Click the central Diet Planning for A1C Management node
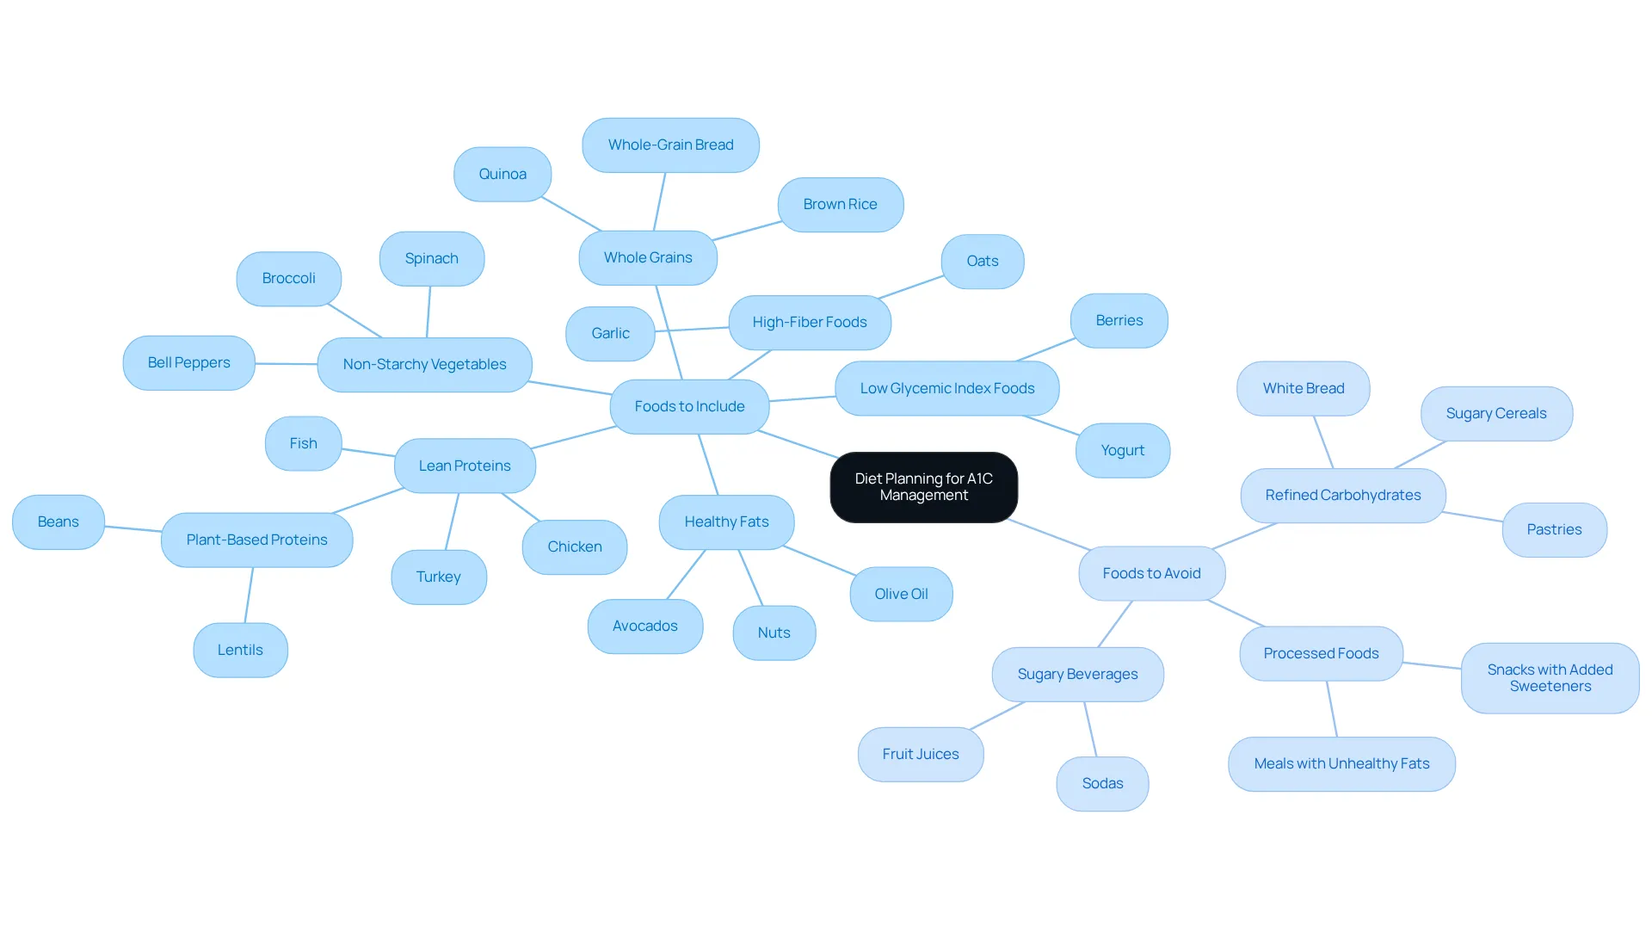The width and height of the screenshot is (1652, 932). [923, 487]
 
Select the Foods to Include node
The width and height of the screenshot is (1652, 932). [689, 406]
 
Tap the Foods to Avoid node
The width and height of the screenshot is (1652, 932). [1151, 573]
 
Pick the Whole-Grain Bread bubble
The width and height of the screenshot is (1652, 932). [670, 145]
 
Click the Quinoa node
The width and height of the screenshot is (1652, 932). [502, 174]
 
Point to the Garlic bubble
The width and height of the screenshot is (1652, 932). [610, 333]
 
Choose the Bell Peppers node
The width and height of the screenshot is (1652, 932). [188, 362]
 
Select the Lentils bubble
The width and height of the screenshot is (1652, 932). [240, 650]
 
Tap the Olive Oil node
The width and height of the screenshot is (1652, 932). [901, 594]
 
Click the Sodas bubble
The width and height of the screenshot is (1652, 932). [1102, 783]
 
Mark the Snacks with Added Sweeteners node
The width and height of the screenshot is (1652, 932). [1550, 678]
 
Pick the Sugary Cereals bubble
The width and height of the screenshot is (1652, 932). [1496, 413]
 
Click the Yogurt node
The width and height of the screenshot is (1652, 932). [1123, 450]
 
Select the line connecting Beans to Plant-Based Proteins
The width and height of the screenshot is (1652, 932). [133, 528]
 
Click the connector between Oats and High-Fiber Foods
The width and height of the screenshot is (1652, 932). [910, 287]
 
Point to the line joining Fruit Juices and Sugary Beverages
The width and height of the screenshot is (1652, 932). [997, 716]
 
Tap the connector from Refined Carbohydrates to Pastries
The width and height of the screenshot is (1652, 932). [1474, 516]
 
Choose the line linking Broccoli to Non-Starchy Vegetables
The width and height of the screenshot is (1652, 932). [354, 320]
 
